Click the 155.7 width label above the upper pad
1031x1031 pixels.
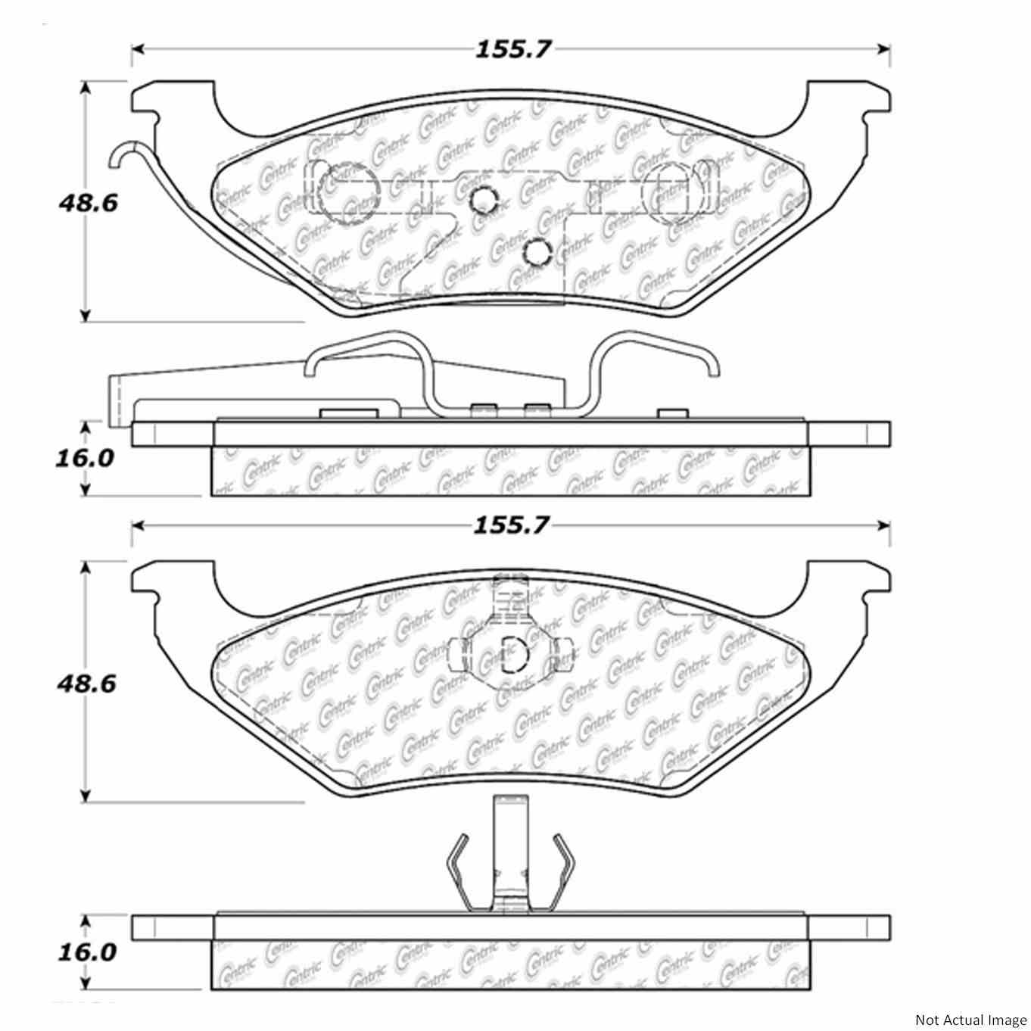click(x=512, y=49)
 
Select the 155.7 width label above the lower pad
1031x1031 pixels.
click(x=512, y=525)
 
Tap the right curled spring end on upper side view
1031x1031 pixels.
click(x=712, y=367)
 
